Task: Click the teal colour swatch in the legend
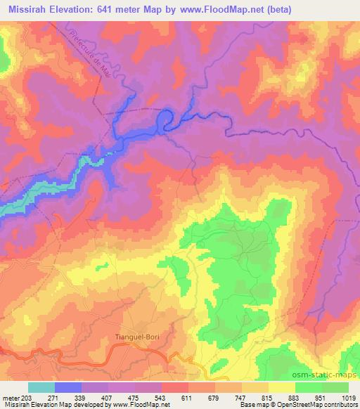tap(41, 387)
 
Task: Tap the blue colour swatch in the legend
tap(68, 387)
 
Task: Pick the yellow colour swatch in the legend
tap(281, 387)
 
